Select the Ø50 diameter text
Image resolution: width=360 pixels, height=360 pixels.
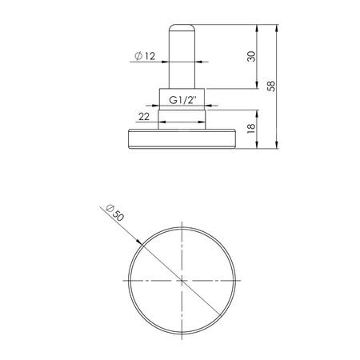coord(114,213)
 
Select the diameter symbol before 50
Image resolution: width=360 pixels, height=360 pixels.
coord(107,207)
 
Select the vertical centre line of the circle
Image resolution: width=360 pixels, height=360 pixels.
coord(182,240)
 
